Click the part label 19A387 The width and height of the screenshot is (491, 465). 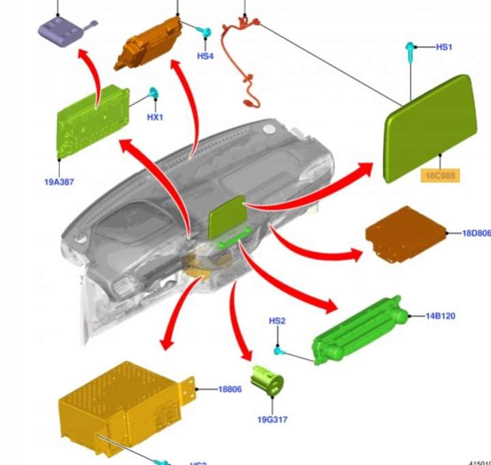click(x=59, y=182)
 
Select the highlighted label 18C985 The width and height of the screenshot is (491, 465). click(x=440, y=175)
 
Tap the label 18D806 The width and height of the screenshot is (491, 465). click(x=477, y=233)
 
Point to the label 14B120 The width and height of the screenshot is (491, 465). click(x=440, y=316)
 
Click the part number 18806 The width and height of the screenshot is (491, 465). click(x=229, y=389)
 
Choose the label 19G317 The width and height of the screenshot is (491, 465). click(x=272, y=419)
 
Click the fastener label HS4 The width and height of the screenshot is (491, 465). click(x=205, y=56)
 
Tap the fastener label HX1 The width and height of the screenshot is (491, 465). click(x=155, y=117)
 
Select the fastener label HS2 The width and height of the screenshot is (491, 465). click(x=277, y=321)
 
